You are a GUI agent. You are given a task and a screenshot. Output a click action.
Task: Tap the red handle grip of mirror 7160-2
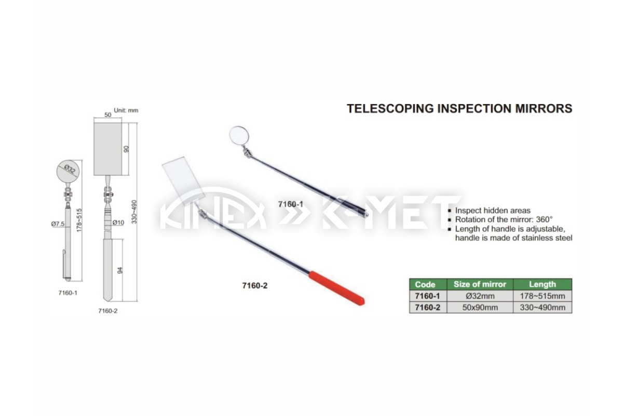tap(337, 289)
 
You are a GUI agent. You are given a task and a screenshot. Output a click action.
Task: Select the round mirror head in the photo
tap(238, 135)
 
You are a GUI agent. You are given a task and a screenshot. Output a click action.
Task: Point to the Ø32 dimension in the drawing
tap(69, 169)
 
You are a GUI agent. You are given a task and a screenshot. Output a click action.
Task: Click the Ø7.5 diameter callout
tap(58, 224)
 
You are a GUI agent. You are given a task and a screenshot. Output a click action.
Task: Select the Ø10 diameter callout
tap(118, 223)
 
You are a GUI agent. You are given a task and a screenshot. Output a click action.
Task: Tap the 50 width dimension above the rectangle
tap(107, 115)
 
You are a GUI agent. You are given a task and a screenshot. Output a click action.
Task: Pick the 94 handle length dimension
tap(120, 270)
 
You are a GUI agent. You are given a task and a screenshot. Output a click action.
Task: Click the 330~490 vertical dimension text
tap(134, 212)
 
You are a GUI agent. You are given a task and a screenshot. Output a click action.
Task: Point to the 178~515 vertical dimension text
tap(79, 220)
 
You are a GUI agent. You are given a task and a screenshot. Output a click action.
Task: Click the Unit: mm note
tap(126, 110)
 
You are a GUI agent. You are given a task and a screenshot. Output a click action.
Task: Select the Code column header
tap(425, 284)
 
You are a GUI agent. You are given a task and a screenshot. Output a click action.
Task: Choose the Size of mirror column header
tap(480, 284)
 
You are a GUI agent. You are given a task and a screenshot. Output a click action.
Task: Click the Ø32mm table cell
tap(480, 296)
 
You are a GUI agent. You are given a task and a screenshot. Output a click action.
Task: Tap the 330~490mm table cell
tap(543, 308)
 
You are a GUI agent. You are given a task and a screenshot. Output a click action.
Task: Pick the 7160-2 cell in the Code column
tap(428, 308)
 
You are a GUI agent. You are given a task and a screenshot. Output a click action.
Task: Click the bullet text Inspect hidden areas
tap(493, 211)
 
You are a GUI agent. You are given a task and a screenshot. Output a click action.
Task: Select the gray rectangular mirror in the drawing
tap(108, 149)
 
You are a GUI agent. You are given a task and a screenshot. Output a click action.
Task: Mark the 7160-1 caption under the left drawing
tap(68, 293)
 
